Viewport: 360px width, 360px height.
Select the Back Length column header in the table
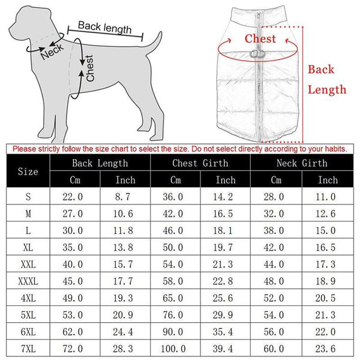pos(100,163)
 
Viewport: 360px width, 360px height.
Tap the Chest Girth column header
pos(200,163)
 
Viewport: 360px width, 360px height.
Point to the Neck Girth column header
pos(302,163)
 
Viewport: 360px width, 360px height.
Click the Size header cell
pos(28,172)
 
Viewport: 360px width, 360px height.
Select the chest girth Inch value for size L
pos(226,230)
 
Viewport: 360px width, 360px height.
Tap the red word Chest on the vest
pos(260,39)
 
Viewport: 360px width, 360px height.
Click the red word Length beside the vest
pos(327,89)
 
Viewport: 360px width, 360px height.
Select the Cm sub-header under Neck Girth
pos(276,180)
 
